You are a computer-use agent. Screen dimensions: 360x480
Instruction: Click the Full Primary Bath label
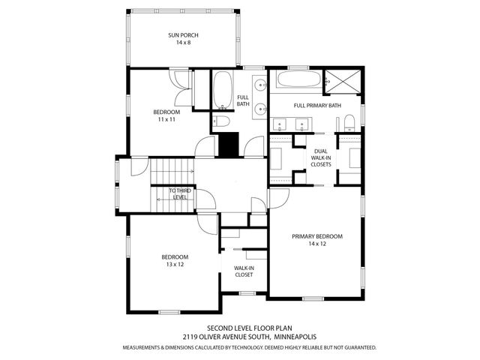pos(317,106)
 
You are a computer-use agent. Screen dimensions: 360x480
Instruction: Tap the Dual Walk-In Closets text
pos(320,157)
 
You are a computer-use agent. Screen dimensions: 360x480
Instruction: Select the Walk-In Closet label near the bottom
pos(244,271)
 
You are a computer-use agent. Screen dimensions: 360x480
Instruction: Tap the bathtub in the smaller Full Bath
pos(223,91)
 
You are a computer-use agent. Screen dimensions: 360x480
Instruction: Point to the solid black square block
pos(228,145)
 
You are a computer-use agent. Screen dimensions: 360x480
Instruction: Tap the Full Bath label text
pos(243,101)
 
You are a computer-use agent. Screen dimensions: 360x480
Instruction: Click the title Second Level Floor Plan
pos(239,328)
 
